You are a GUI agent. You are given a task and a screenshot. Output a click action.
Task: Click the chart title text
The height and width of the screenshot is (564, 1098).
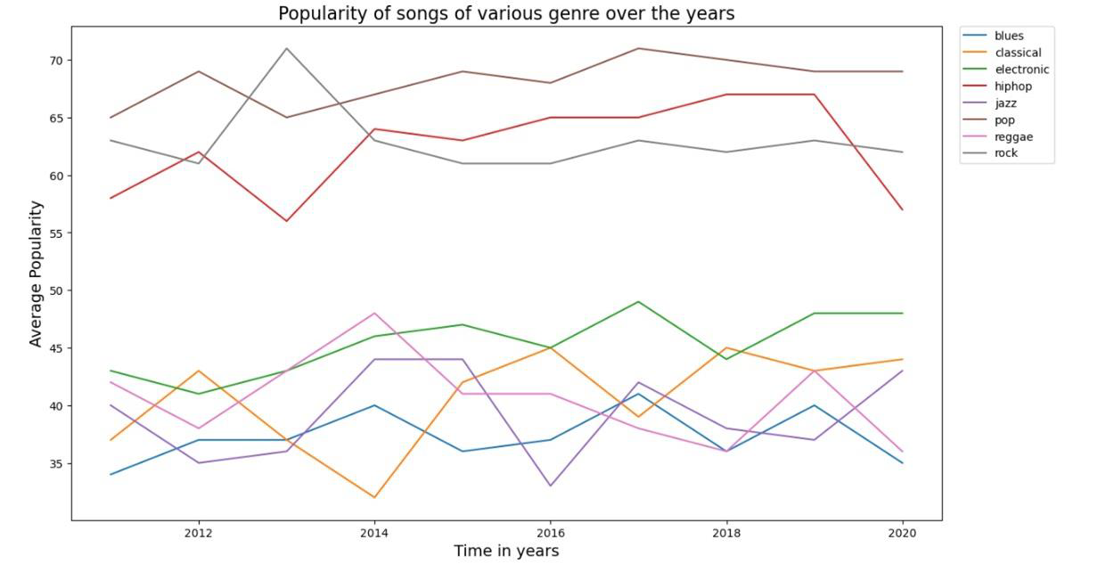pyautogui.click(x=506, y=13)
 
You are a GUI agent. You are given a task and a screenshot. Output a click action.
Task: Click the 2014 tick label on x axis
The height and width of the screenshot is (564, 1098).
pyautogui.click(x=374, y=533)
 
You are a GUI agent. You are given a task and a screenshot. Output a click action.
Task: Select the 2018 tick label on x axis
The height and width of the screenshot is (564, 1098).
pyautogui.click(x=726, y=533)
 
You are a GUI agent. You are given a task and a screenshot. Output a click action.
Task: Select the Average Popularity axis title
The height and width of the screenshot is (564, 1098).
pyautogui.click(x=36, y=274)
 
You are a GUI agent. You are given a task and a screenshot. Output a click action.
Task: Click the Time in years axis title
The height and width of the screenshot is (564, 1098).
pyautogui.click(x=506, y=551)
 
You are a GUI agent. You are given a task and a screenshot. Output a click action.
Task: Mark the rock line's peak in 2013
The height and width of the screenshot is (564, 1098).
pyautogui.click(x=286, y=48)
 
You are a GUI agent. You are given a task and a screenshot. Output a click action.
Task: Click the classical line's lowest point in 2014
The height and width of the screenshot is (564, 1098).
pyautogui.click(x=374, y=497)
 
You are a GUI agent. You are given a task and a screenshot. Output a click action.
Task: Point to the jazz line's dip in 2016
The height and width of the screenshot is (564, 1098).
pyautogui.click(x=550, y=486)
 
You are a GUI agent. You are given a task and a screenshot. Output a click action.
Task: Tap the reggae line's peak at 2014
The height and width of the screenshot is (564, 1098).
pyautogui.click(x=374, y=314)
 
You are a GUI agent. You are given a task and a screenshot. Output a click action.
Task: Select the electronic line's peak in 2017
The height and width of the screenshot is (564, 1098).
pyautogui.click(x=638, y=302)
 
